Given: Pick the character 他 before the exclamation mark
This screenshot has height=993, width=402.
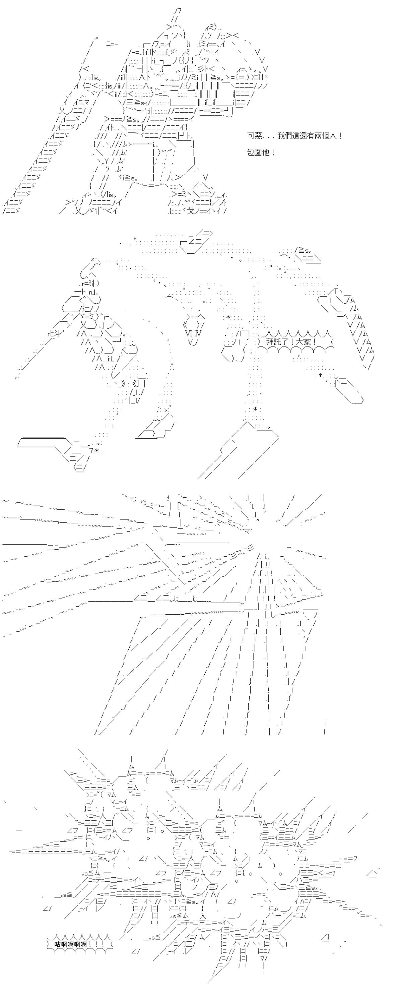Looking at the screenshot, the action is [x=266, y=152].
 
